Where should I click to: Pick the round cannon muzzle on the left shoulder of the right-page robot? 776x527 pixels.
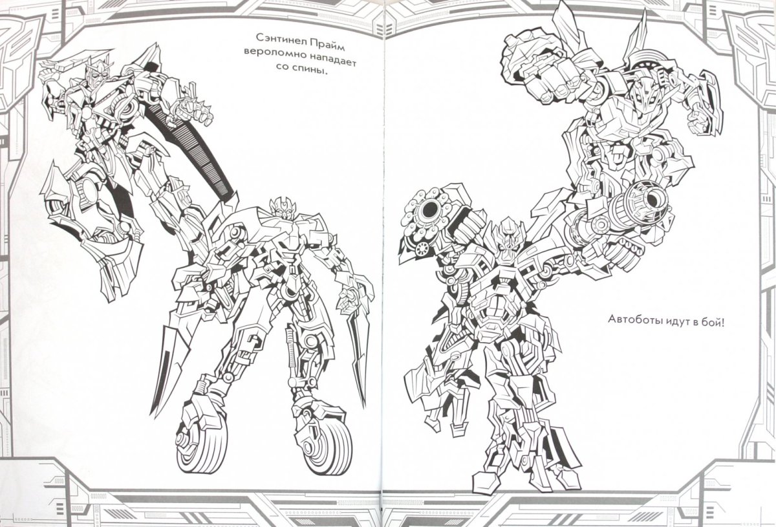[429, 208]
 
